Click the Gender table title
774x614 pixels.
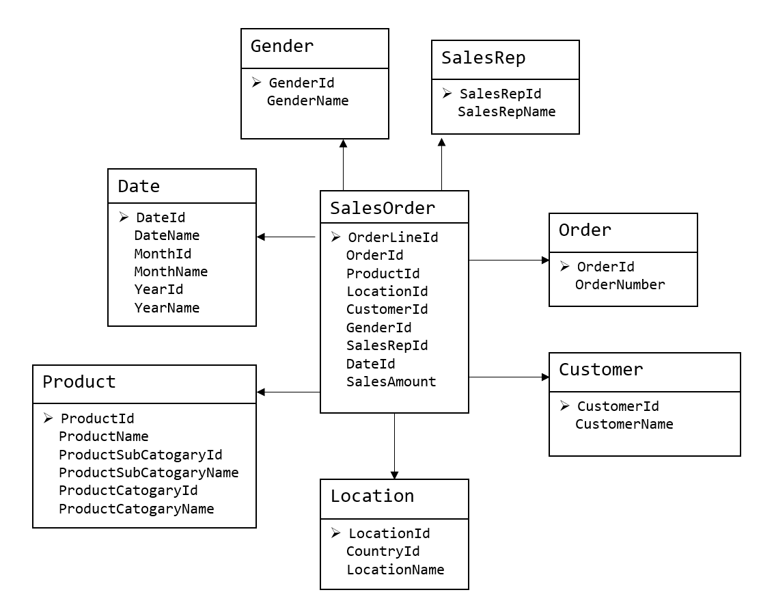click(282, 46)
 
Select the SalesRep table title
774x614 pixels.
click(483, 58)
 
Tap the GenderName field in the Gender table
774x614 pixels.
click(307, 101)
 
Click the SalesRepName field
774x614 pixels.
click(506, 112)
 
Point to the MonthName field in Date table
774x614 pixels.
click(171, 271)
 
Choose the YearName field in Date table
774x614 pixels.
click(167, 308)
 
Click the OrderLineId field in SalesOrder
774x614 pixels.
click(393, 237)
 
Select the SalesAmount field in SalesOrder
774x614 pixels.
click(391, 382)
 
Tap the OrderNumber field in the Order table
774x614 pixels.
click(620, 284)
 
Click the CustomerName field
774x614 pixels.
click(624, 425)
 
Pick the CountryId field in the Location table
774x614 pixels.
click(383, 551)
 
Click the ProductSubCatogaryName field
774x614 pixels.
click(148, 472)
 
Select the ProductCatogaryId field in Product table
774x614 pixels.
click(128, 490)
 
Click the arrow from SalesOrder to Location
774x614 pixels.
click(394, 446)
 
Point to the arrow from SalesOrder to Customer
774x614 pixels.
click(509, 377)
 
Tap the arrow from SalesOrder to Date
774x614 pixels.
click(286, 237)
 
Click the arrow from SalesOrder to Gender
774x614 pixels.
click(343, 165)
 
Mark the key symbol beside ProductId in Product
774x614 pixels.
click(48, 418)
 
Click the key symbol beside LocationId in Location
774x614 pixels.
click(335, 533)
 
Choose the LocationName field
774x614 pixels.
click(395, 570)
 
